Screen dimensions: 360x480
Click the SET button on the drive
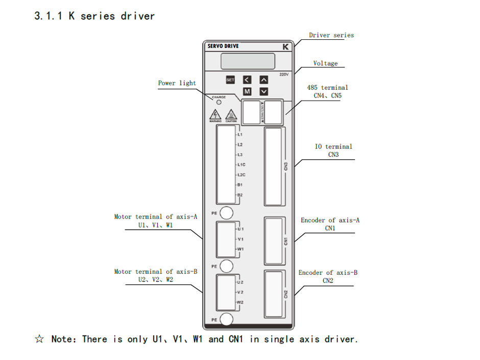click(230, 80)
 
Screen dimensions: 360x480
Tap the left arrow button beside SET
click(247, 80)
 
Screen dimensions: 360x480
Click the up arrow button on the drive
click(263, 80)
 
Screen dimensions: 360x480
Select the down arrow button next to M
click(263, 91)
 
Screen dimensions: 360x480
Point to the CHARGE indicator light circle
click(220, 102)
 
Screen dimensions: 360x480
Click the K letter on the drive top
click(285, 47)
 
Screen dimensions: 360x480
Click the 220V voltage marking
click(284, 74)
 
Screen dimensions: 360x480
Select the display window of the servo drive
click(248, 61)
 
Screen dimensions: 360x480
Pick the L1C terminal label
click(242, 165)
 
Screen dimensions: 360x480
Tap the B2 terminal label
click(240, 195)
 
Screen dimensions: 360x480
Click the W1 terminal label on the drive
click(241, 249)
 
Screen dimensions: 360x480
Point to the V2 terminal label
click(240, 292)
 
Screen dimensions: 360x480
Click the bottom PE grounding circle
click(226, 320)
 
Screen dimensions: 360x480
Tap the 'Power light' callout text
click(177, 83)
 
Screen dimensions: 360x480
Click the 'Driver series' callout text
click(331, 35)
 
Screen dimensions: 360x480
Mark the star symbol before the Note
click(39, 339)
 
